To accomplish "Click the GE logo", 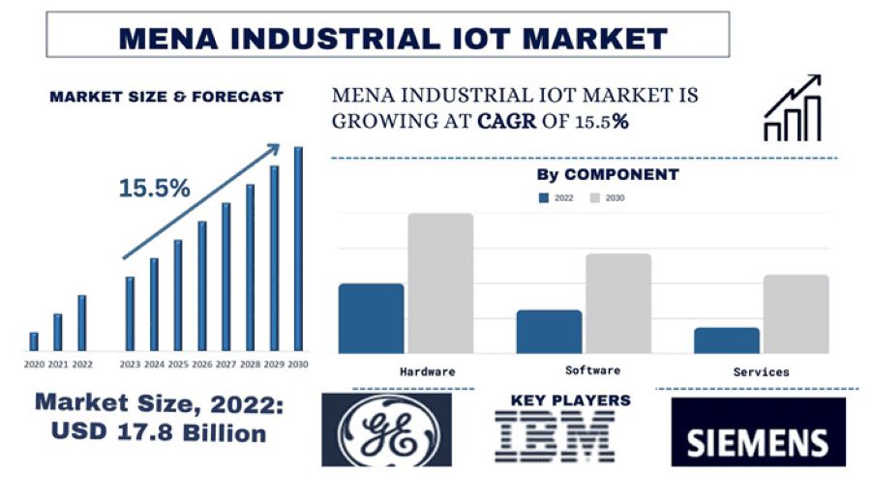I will (x=386, y=429).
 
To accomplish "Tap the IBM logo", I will (x=555, y=435).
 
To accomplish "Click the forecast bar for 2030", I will (x=298, y=249).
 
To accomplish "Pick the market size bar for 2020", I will (x=34, y=341).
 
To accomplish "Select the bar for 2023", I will (x=130, y=313).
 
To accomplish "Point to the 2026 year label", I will (x=202, y=365).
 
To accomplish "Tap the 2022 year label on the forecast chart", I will (x=82, y=365).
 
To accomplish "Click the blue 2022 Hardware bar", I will (x=371, y=318).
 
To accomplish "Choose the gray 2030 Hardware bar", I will (x=440, y=283).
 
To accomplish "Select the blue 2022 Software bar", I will (x=549, y=332).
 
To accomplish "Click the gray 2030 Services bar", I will (x=796, y=314).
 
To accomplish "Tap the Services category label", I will (x=761, y=371).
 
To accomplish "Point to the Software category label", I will (x=592, y=370).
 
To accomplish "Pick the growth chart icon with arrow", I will (x=793, y=108).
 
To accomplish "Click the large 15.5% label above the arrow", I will (x=155, y=189).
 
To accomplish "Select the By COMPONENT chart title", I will (x=608, y=175).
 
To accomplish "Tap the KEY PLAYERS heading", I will (x=570, y=399).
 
